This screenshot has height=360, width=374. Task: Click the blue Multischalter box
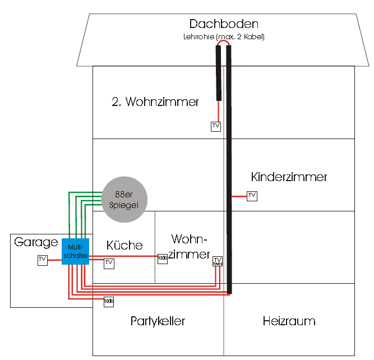click(x=72, y=251)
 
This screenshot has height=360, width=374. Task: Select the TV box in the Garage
click(x=43, y=260)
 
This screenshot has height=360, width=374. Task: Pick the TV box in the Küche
click(x=109, y=262)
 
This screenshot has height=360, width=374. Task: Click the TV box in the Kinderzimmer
click(x=252, y=196)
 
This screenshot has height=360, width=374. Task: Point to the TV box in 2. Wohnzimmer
click(x=216, y=126)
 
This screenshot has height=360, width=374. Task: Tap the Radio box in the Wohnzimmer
click(x=163, y=258)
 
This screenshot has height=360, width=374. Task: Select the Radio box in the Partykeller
click(x=109, y=302)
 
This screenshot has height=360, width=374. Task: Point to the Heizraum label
click(x=289, y=321)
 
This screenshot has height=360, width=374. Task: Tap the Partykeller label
click(x=158, y=321)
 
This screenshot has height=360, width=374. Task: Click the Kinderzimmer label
click(x=289, y=177)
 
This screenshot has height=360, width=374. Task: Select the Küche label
click(x=124, y=245)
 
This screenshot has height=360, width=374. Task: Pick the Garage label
click(x=36, y=242)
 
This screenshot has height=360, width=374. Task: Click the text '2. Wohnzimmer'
click(x=155, y=102)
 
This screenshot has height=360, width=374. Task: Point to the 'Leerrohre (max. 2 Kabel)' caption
click(x=223, y=37)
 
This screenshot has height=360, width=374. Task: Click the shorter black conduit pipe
click(x=219, y=73)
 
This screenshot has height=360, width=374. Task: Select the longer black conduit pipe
click(x=229, y=168)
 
